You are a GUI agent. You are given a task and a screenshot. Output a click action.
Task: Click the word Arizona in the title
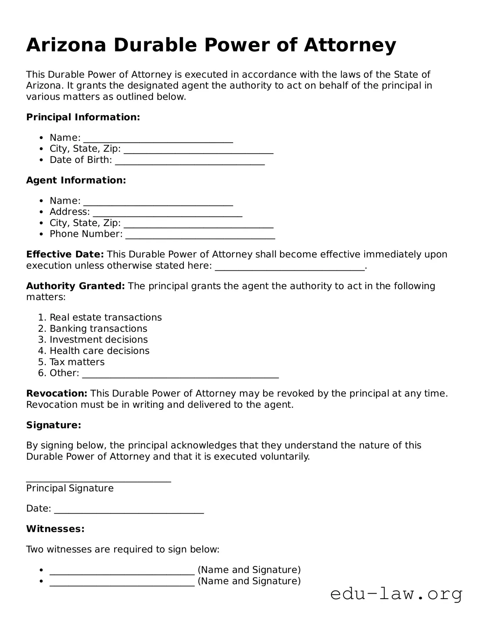(x=66, y=45)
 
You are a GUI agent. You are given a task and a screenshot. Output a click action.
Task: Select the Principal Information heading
(x=83, y=117)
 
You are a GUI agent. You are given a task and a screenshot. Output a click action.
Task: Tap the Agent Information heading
(x=76, y=180)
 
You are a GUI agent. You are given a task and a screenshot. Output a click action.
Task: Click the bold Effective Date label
(x=65, y=254)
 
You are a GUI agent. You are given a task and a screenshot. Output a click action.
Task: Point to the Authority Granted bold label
(x=75, y=286)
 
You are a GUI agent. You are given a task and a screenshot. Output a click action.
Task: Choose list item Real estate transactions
(x=105, y=318)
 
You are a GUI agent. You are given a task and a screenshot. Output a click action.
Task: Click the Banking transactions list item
(x=98, y=329)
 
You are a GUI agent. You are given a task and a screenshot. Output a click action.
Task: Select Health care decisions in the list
(x=99, y=351)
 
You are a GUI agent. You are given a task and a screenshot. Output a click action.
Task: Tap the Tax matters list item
(x=77, y=362)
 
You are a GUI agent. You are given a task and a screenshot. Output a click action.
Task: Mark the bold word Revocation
(x=57, y=393)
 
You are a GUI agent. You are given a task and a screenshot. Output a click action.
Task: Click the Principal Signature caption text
(x=70, y=488)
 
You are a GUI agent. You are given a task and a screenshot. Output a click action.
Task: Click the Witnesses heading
(x=55, y=529)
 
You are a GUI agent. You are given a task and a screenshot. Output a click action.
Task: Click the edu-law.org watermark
(x=396, y=594)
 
